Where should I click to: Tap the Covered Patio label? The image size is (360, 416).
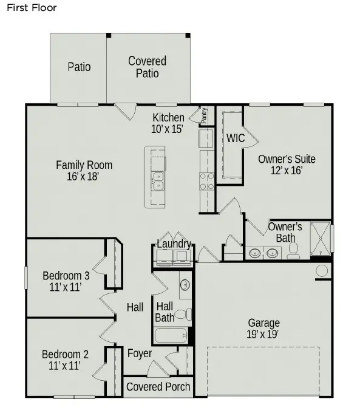[147, 67]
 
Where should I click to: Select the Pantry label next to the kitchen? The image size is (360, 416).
[204, 115]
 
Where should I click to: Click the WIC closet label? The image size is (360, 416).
[236, 138]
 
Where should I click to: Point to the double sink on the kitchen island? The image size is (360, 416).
[158, 181]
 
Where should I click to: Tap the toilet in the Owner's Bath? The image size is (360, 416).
[293, 250]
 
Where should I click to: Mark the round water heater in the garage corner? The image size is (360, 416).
[322, 270]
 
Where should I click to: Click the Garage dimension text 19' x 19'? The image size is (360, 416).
[263, 334]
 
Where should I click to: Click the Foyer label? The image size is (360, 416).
[140, 353]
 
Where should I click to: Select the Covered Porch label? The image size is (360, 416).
[158, 387]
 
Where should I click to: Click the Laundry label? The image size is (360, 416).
[174, 244]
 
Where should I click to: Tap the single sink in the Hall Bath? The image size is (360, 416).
[185, 285]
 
